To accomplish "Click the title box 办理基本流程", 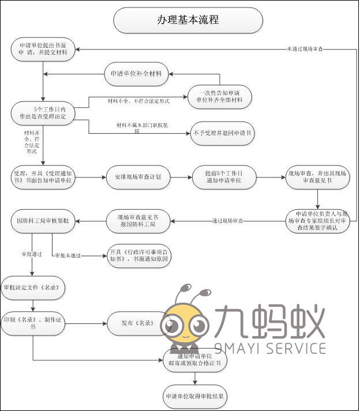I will tap(188, 20).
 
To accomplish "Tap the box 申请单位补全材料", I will tap(136, 74).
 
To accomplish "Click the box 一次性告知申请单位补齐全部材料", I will tap(220, 96).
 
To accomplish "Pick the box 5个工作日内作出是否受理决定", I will tap(43, 112).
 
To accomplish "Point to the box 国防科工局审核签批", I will tap(43, 221).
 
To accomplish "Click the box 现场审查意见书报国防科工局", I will tap(137, 221).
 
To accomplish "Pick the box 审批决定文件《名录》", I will tap(32, 287).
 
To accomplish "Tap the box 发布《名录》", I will tap(137, 323).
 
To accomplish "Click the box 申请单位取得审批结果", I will tap(194, 397).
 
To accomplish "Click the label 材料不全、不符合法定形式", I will tap(138, 101).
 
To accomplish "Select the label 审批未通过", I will tap(67, 255).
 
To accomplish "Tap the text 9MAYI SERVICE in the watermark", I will tap(270, 348).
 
